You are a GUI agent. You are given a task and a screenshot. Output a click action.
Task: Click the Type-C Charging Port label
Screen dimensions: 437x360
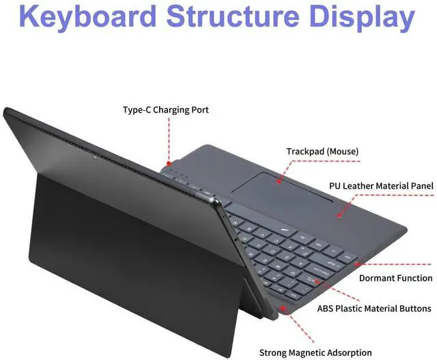pyautogui.click(x=165, y=109)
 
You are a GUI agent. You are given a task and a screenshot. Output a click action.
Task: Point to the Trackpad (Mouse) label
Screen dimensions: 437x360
pyautogui.click(x=322, y=151)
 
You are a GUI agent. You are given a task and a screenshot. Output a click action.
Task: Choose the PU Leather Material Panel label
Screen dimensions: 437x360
pyautogui.click(x=381, y=186)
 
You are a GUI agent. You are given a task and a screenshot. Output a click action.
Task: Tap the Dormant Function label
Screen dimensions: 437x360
pyautogui.click(x=395, y=278)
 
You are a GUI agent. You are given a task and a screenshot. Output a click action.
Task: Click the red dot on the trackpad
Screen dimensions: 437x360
pyautogui.click(x=279, y=182)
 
